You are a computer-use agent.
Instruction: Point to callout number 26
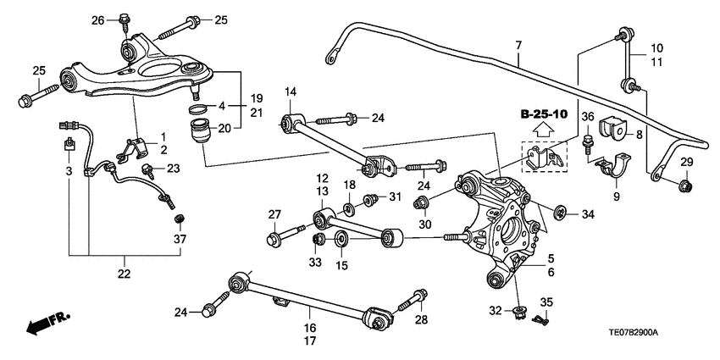pos(98,19)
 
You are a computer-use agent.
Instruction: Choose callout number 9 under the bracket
pos(617,197)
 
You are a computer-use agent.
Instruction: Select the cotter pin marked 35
pos(540,319)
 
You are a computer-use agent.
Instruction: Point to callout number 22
pos(125,274)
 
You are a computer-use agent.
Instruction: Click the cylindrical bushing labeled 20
pos(203,134)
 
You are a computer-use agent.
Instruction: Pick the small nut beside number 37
pos(180,220)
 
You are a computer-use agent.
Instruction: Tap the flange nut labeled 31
pos(371,201)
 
